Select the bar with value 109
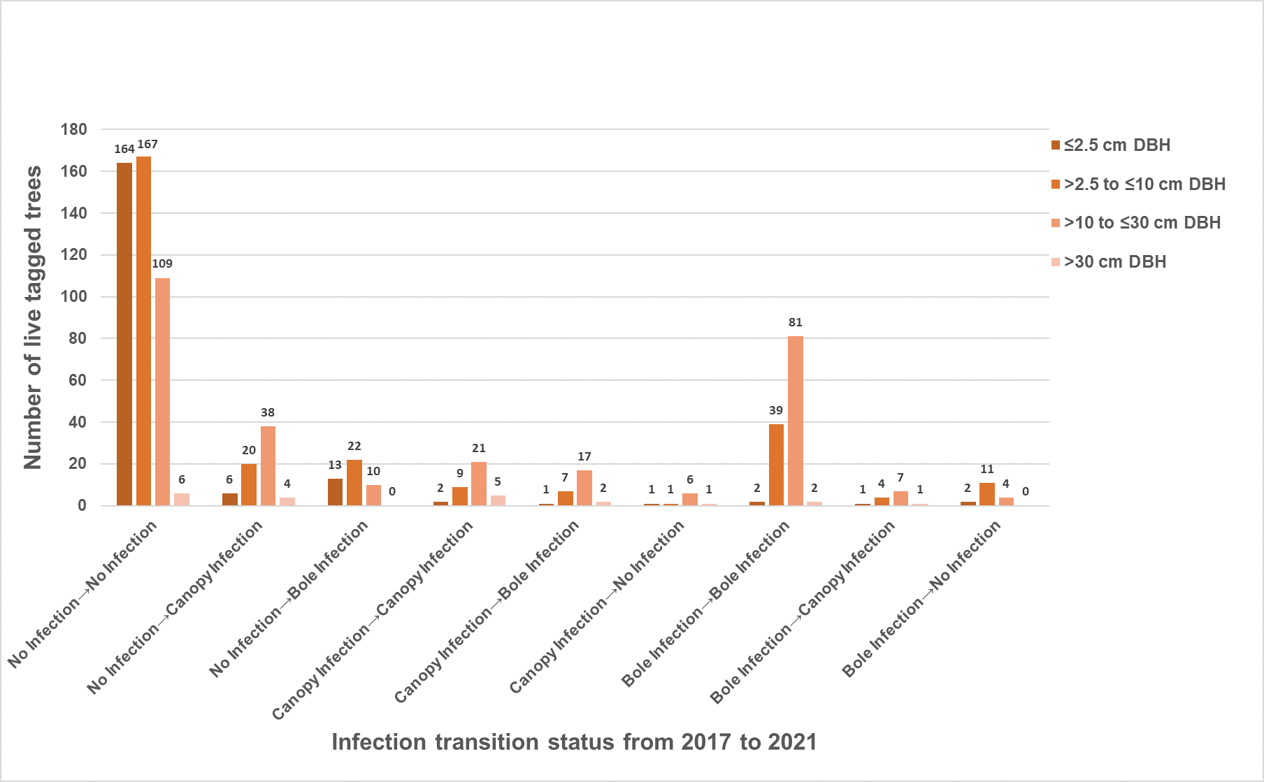click(162, 391)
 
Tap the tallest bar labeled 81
click(796, 421)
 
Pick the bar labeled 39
click(776, 465)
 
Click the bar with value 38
click(268, 465)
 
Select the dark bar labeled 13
click(335, 492)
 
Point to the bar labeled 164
click(124, 334)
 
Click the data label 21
click(479, 448)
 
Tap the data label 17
click(584, 456)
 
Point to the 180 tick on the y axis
click(74, 129)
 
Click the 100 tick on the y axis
click(74, 296)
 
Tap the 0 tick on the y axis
click(82, 505)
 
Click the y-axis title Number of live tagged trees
click(33, 317)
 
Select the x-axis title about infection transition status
click(574, 742)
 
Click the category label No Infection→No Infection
click(83, 593)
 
